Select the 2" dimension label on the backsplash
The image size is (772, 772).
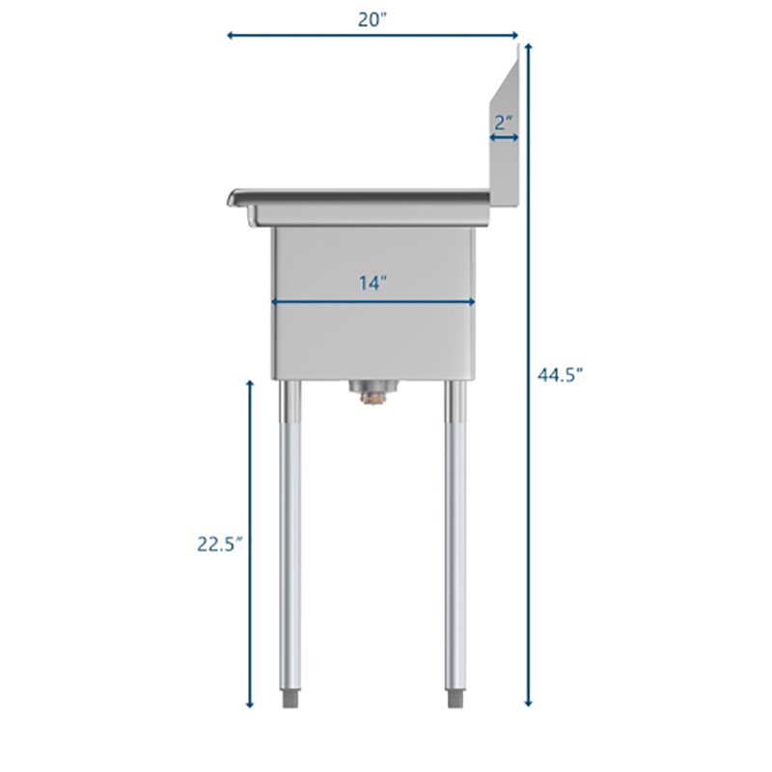pos(503,123)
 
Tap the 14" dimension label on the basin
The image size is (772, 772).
pos(373,283)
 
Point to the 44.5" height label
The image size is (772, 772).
pos(561,375)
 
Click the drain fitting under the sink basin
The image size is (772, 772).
pos(372,391)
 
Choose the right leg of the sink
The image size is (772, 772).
pos(453,531)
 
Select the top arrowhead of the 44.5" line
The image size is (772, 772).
pos(528,47)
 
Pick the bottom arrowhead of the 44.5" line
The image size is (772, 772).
pos(528,703)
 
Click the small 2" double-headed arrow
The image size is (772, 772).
pos(504,139)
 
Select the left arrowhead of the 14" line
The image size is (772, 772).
pos(276,302)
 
